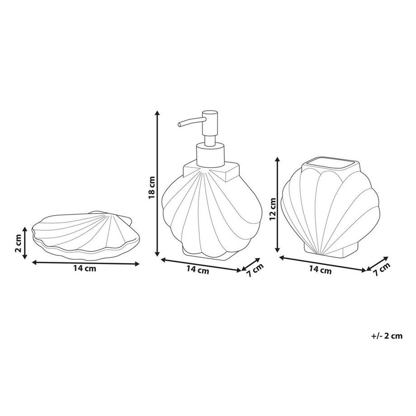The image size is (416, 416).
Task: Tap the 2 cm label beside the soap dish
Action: pos(19,245)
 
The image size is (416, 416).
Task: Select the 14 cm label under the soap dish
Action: pos(85,269)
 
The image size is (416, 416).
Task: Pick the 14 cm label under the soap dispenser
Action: pos(198,270)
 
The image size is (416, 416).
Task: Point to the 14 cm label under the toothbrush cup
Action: pos(320,270)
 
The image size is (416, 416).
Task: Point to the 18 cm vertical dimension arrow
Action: pos(158,183)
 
